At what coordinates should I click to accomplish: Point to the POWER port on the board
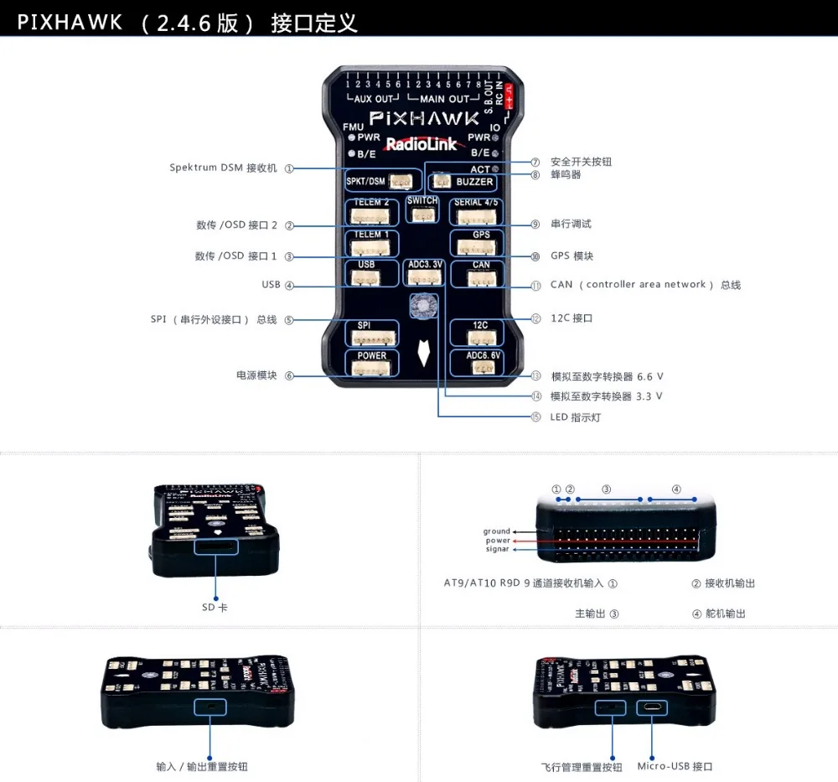[x=372, y=363]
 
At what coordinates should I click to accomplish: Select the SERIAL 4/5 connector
[x=476, y=213]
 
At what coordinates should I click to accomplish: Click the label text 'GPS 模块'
[x=572, y=256]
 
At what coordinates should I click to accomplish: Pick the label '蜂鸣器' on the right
[x=566, y=175]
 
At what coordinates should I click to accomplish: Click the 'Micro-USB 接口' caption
[x=675, y=766]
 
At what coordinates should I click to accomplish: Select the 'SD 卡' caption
[x=215, y=607]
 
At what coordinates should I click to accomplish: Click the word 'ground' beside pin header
[x=496, y=531]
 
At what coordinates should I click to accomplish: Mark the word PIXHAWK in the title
[x=70, y=23]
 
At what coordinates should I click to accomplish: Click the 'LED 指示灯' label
[x=576, y=417]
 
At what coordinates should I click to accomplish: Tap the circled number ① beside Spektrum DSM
[x=289, y=168]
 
